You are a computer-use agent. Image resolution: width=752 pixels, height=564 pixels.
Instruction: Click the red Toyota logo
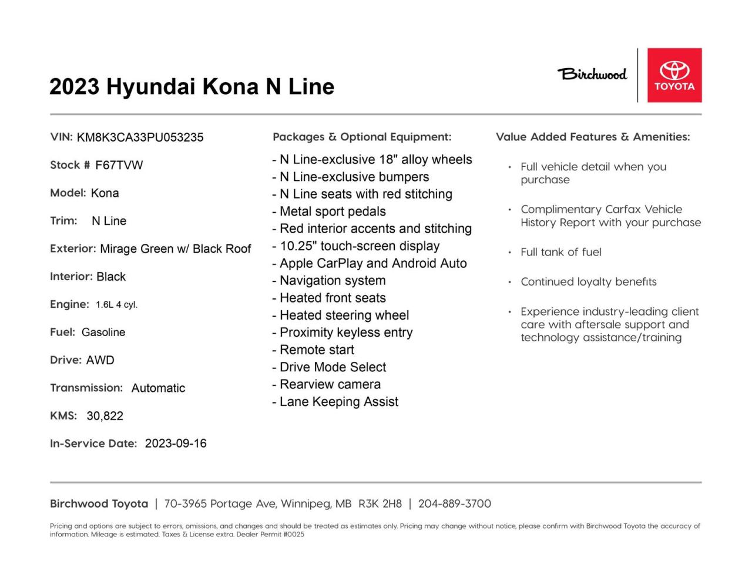tap(674, 75)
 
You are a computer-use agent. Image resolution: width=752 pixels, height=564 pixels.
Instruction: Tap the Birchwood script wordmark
tap(592, 74)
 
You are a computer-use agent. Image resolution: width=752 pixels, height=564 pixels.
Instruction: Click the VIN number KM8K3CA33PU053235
tap(140, 137)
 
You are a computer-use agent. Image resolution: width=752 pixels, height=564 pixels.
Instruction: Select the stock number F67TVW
tap(119, 165)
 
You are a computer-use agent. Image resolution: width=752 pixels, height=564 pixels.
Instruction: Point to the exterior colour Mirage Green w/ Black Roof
tap(175, 249)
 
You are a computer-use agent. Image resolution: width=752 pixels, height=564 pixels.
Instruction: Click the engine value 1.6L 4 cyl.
tap(116, 305)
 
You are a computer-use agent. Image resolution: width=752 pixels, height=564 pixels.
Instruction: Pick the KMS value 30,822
tap(105, 416)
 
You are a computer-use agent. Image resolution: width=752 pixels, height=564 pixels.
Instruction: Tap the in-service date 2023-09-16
tap(176, 444)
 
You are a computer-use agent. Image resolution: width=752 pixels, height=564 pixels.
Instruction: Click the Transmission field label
tap(86, 388)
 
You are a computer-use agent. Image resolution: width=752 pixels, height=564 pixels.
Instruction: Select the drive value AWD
tap(100, 360)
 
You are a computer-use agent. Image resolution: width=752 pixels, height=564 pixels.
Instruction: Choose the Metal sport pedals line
tap(333, 211)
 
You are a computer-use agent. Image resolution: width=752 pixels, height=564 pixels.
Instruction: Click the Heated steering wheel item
tap(344, 315)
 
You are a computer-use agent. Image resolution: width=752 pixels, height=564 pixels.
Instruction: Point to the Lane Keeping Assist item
tap(339, 402)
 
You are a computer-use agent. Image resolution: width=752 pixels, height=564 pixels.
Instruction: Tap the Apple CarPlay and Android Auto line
tap(373, 263)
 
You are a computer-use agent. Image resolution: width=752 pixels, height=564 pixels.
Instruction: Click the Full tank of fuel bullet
tap(560, 252)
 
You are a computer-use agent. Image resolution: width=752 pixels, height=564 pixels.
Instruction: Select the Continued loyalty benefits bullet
tap(588, 282)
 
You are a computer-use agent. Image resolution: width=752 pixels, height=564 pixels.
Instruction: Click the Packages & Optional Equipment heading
tap(362, 137)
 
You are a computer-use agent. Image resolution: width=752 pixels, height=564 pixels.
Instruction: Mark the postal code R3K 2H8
tap(380, 503)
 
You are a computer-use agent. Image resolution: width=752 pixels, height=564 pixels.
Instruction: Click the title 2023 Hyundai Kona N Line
tap(192, 87)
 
